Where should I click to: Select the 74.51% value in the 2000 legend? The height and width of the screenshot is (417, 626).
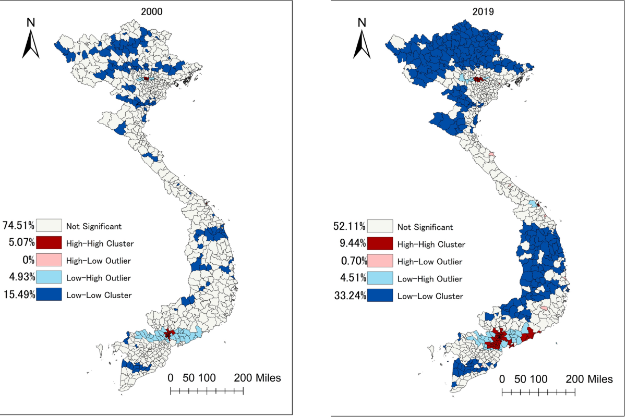[18, 226]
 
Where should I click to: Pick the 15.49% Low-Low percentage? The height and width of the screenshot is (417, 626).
[18, 295]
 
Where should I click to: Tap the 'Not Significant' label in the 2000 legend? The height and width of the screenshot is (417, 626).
[94, 226]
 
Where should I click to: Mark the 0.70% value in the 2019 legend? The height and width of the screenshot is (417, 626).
[352, 261]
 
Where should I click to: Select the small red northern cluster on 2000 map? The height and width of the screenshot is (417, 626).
[147, 78]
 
